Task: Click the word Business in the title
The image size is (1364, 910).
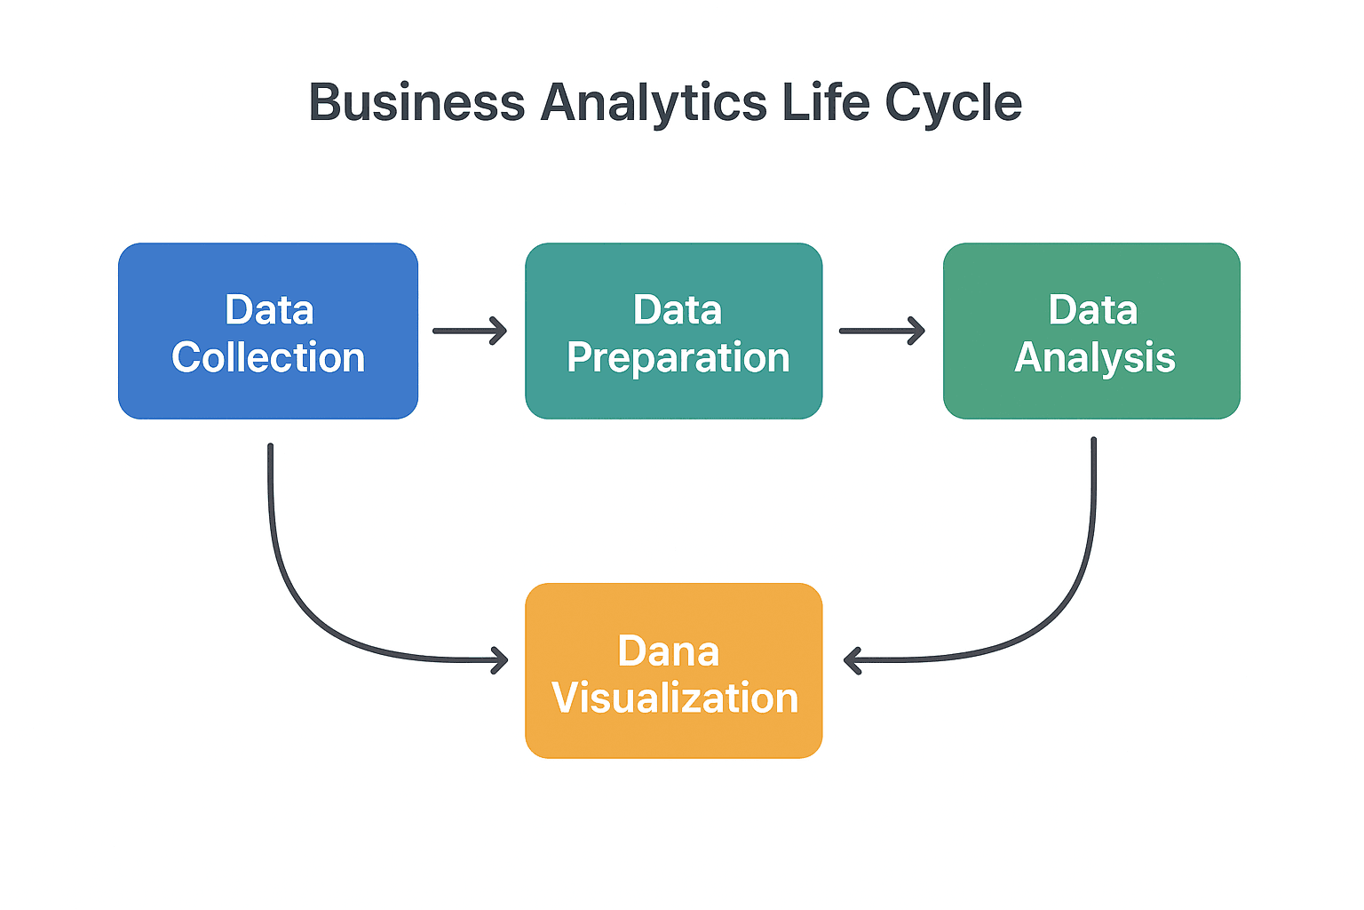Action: (x=416, y=103)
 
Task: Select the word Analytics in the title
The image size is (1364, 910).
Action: (x=654, y=103)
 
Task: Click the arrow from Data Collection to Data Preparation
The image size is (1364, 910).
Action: (x=470, y=331)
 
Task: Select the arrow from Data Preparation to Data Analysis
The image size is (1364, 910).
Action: (x=882, y=331)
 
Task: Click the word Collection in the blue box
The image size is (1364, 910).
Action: (x=268, y=357)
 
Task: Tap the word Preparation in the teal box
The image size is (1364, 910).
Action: (x=678, y=357)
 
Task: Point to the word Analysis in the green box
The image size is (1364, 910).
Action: (x=1095, y=357)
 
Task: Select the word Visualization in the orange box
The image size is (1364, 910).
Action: (x=675, y=698)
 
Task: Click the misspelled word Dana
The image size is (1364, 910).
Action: (x=668, y=651)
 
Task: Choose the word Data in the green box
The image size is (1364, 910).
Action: (x=1093, y=310)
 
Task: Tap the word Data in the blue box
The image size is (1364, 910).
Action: (x=269, y=310)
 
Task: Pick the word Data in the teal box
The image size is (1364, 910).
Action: (x=678, y=310)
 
